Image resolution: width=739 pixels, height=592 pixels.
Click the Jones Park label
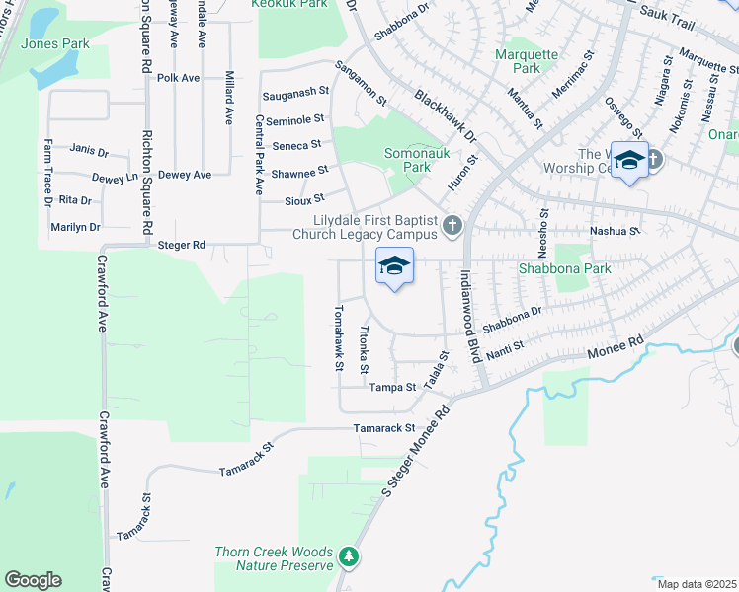[x=55, y=43]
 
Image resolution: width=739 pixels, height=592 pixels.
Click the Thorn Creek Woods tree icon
[x=348, y=557]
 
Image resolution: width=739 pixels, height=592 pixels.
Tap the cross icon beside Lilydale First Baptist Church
[x=452, y=226]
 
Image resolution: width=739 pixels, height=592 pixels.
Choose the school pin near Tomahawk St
[x=394, y=265]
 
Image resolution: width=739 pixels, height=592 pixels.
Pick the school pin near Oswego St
[x=628, y=160]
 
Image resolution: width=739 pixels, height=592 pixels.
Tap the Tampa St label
[x=393, y=387]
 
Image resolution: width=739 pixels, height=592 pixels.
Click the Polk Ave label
[x=178, y=77]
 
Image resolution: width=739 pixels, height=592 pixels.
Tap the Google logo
[x=34, y=580]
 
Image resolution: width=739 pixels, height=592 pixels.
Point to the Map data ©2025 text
[x=696, y=584]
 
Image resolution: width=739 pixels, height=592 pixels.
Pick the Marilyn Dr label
[x=75, y=227]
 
